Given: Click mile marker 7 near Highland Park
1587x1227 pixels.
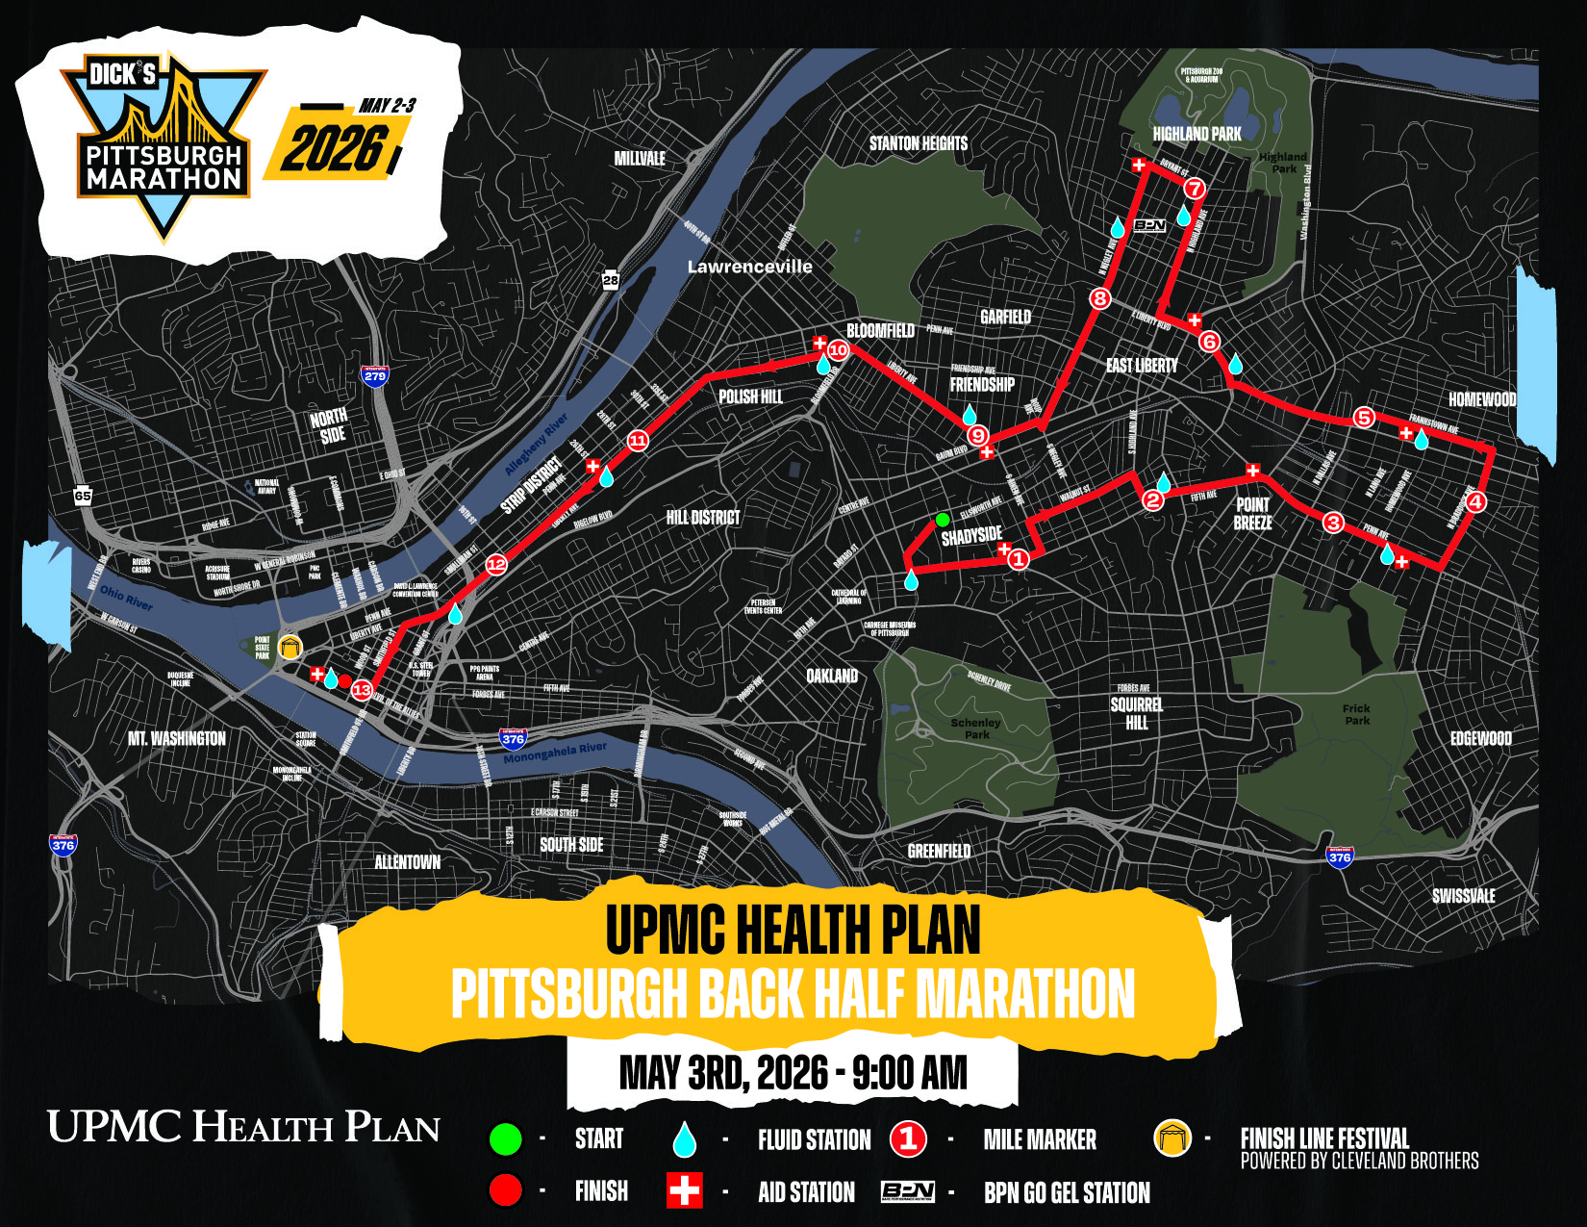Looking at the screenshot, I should (1194, 188).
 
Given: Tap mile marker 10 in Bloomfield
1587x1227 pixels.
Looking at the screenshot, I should (838, 349).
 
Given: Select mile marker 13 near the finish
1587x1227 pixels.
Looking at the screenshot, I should (362, 689).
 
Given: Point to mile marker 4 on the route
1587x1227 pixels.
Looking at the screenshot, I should (1474, 500).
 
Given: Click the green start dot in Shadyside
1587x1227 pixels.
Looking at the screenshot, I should (943, 520).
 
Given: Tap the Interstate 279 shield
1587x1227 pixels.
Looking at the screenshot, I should (374, 374).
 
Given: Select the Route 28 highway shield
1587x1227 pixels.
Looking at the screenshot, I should (611, 279).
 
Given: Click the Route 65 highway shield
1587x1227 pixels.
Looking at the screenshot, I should (83, 496).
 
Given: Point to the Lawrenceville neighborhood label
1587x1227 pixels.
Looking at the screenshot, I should (749, 267).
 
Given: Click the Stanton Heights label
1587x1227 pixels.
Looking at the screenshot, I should (918, 143).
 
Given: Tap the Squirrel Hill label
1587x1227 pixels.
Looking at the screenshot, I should (1136, 713).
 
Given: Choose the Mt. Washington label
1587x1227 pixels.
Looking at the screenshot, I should (177, 738).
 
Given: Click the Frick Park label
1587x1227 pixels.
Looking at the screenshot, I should (1356, 714).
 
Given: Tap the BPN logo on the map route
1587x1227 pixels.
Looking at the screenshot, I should (1149, 225).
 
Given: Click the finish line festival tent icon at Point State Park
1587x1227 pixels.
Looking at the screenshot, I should (290, 647).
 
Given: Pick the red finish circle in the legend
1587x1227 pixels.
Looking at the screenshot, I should (506, 1190).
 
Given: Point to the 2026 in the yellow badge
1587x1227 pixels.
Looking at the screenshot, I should (332, 149).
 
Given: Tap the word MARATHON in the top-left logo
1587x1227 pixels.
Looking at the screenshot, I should (164, 179).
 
